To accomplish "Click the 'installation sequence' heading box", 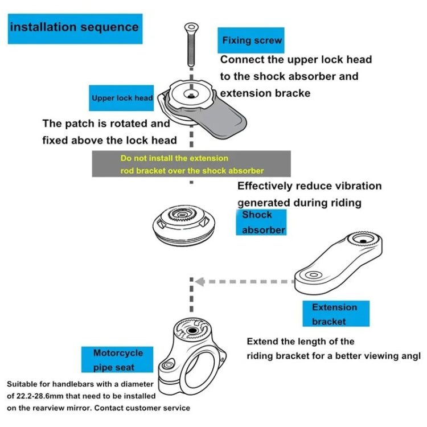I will (x=75, y=27).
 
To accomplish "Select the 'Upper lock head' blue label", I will (x=122, y=98).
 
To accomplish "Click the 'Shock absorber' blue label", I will (x=260, y=222).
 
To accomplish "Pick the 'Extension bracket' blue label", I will (x=335, y=314).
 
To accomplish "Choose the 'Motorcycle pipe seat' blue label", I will (x=118, y=360).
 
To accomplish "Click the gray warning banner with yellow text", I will (x=191, y=164).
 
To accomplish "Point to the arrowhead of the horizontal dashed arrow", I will (x=198, y=281).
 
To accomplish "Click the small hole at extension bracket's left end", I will (x=313, y=275).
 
